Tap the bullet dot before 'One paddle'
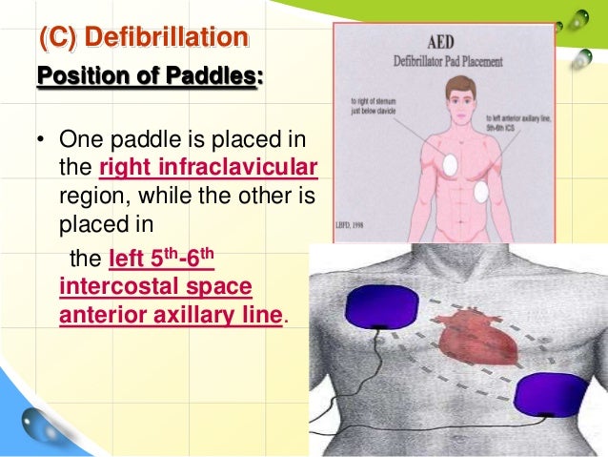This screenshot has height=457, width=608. coord(41,144)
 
